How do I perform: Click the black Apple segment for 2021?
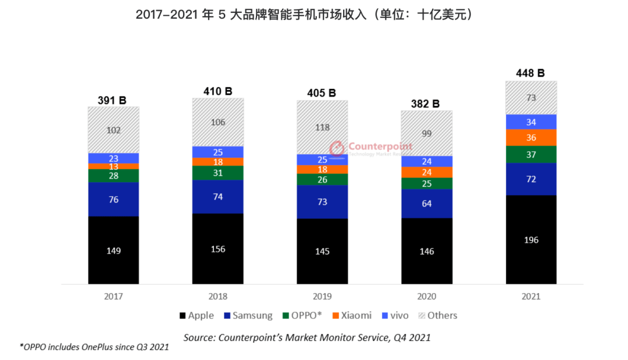pyautogui.click(x=531, y=240)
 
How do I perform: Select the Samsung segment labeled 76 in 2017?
pyautogui.click(x=113, y=199)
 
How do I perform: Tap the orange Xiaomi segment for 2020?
pyautogui.click(x=426, y=172)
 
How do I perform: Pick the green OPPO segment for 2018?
pyautogui.click(x=217, y=173)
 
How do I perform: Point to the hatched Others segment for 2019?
pyautogui.click(x=322, y=127)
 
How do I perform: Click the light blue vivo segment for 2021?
pyautogui.click(x=531, y=122)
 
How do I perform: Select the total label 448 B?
pyautogui.click(x=530, y=73)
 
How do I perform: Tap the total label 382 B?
pyautogui.click(x=426, y=104)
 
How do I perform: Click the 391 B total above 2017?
pyautogui.click(x=113, y=100)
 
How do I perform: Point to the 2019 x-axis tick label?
pyautogui.click(x=322, y=296)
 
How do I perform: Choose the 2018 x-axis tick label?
pyautogui.click(x=217, y=296)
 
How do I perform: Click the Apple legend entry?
pyautogui.click(x=197, y=316)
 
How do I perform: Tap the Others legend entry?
pyautogui.click(x=437, y=316)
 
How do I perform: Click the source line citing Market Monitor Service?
pyautogui.click(x=307, y=337)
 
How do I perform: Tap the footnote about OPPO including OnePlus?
pyautogui.click(x=94, y=348)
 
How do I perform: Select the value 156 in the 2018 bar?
pyautogui.click(x=217, y=249)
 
